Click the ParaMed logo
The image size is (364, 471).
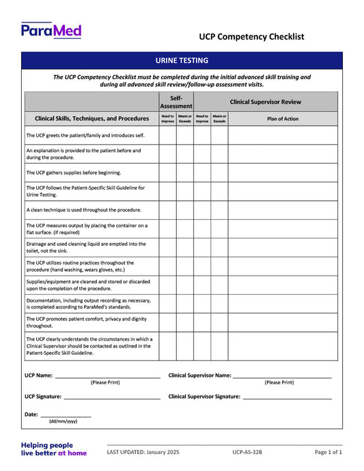click(x=51, y=30)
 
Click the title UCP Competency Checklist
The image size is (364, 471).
click(x=251, y=37)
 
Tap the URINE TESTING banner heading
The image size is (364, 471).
click(x=182, y=61)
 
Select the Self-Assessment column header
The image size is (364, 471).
click(x=176, y=102)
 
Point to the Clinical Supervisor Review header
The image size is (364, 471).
click(x=265, y=102)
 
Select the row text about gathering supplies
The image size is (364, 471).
click(x=73, y=173)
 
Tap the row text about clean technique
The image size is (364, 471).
click(x=83, y=210)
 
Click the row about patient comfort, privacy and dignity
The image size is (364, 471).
click(x=86, y=322)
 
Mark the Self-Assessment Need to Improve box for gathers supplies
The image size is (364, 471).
click(x=167, y=173)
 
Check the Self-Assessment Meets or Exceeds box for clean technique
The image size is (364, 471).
click(x=185, y=210)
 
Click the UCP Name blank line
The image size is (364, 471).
click(x=107, y=376)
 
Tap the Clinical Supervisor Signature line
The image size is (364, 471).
click(x=287, y=397)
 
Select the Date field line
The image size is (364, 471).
click(x=66, y=415)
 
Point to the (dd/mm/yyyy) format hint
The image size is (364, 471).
click(x=63, y=422)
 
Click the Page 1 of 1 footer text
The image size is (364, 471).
click(x=328, y=453)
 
